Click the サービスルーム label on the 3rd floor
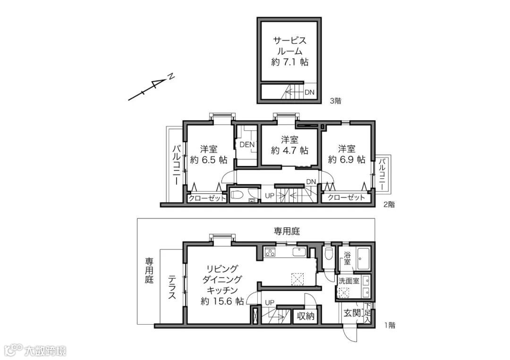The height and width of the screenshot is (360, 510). tap(290, 46)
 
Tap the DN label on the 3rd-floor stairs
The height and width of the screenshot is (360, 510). tap(310, 92)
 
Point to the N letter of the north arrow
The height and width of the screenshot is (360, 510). tap(170, 77)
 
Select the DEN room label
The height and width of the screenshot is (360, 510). tap(247, 144)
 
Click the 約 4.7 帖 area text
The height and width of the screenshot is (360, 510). tap(290, 151)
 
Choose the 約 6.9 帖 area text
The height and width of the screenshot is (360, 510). tap(347, 159)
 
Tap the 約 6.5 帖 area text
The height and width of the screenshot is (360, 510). tap(209, 160)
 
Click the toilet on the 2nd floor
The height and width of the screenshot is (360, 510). tap(238, 195)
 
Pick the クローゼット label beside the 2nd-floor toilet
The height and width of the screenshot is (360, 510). tap(207, 198)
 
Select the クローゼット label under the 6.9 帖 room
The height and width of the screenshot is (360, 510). tap(347, 197)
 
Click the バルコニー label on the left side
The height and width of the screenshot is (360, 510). tap(177, 165)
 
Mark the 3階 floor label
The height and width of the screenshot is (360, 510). tap(336, 101)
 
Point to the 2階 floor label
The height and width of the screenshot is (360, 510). tap(389, 205)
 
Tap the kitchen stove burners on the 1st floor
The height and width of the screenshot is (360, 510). tap(270, 252)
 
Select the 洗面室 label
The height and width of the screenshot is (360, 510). tap(348, 281)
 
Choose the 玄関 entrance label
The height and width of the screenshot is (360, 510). tap(352, 313)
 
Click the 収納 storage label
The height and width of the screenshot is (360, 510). tap(306, 316)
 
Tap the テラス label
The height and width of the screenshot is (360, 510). tap(172, 287)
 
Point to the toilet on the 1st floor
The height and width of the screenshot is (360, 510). tap(329, 253)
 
